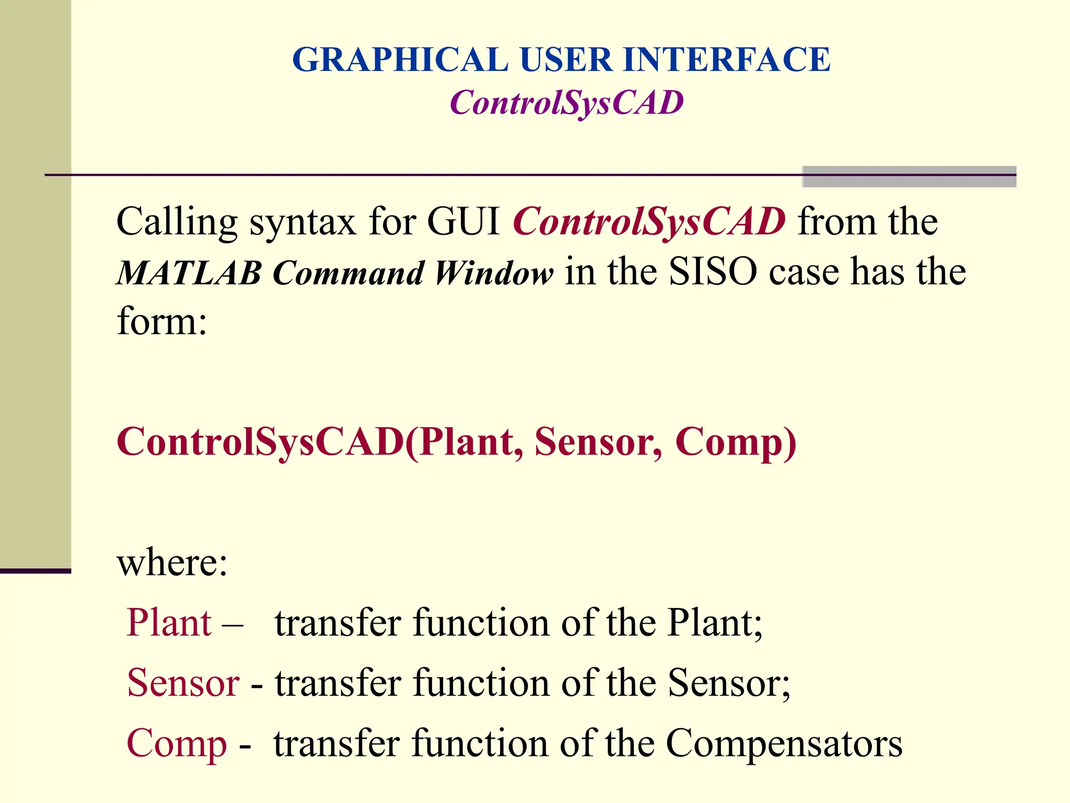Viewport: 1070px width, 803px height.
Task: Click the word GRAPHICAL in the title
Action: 400,60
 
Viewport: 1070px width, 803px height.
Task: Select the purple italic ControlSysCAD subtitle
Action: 566,102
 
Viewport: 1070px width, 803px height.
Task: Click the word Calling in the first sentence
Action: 177,222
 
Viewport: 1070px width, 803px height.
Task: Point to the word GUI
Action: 463,222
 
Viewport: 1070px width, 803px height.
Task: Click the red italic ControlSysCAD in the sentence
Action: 649,222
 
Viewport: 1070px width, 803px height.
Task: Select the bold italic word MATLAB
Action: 189,273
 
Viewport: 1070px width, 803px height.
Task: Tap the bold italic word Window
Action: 494,273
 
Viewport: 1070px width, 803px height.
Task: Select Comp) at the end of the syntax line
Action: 736,443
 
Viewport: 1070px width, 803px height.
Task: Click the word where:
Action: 172,563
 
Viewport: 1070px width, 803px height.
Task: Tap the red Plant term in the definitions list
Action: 169,623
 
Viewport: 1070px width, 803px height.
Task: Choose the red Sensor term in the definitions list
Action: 183,683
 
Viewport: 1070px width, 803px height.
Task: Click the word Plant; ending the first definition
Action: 715,623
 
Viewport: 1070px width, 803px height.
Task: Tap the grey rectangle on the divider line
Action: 909,177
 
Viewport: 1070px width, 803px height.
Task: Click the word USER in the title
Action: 565,60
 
